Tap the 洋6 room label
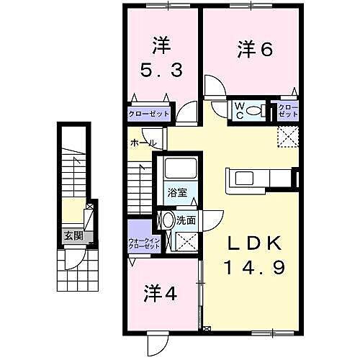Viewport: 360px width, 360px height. tap(254, 50)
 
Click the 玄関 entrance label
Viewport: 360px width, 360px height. tap(72, 235)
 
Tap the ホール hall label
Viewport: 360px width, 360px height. tap(143, 143)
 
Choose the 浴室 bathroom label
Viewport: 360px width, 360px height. tap(176, 192)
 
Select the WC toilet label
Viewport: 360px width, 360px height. tap(240, 109)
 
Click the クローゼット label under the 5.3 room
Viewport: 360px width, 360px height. tap(149, 114)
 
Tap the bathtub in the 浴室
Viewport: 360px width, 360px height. tap(176, 171)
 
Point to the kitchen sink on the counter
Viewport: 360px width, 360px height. tap(241, 177)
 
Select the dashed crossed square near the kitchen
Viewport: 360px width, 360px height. tap(287, 135)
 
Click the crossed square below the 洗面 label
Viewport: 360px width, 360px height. tap(189, 243)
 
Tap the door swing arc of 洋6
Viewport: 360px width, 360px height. tap(213, 88)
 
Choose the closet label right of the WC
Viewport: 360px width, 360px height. tap(288, 109)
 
